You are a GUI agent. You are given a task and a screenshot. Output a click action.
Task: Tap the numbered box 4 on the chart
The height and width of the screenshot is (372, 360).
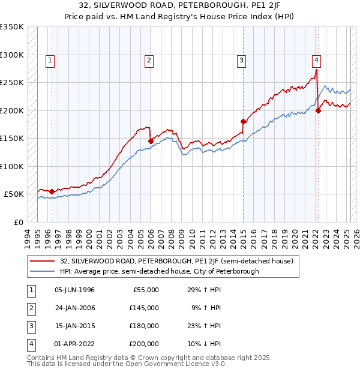pyautogui.click(x=316, y=60)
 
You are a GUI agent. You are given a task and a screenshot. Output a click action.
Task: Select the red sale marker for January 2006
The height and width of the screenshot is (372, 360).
pyautogui.click(x=151, y=142)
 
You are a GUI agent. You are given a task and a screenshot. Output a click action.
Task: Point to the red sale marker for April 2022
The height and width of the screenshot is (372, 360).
pyautogui.click(x=318, y=110)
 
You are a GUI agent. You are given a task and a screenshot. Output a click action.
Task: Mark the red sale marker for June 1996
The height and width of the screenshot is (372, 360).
pyautogui.click(x=52, y=191)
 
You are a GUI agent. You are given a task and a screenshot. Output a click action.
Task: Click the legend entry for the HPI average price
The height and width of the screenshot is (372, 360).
pyautogui.click(x=159, y=271)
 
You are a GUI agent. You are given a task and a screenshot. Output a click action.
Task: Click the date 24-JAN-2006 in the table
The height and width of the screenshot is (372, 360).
pyautogui.click(x=74, y=308)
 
